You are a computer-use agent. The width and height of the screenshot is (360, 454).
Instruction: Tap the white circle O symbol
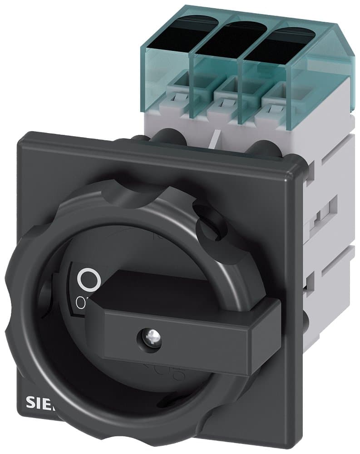pyautogui.click(x=88, y=280)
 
